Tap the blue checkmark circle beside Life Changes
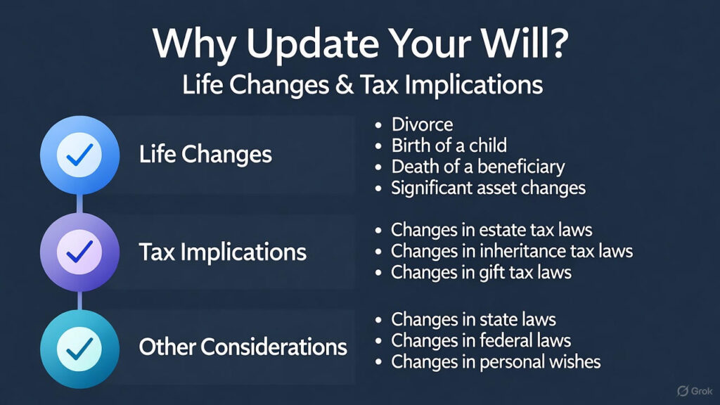click(79, 155)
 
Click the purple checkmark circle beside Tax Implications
click(79, 251)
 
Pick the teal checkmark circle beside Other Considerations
click(79, 347)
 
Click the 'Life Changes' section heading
click(205, 155)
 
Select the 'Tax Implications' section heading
click(222, 252)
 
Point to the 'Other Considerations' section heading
click(243, 347)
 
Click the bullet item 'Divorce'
click(422, 124)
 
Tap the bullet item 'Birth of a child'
click(449, 146)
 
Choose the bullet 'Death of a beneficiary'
click(477, 167)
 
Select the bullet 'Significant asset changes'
click(488, 188)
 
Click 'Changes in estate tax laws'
click(491, 229)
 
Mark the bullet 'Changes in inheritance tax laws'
click(512, 250)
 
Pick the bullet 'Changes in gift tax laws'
click(481, 271)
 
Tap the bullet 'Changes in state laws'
click(473, 319)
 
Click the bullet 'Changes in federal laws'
click(481, 340)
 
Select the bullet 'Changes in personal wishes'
click(496, 361)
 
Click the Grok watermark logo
click(693, 391)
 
